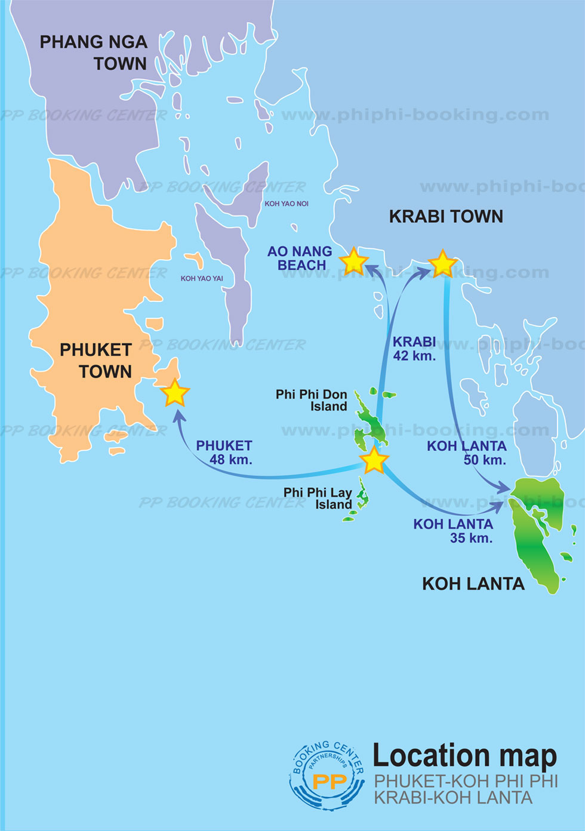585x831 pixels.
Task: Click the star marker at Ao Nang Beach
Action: [353, 261]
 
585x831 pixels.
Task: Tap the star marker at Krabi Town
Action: [442, 263]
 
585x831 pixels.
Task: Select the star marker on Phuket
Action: [175, 393]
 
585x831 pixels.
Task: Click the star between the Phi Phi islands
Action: [374, 460]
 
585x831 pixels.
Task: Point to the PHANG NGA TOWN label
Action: [94, 53]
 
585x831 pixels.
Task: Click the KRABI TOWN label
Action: [446, 216]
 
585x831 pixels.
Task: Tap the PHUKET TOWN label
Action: [96, 360]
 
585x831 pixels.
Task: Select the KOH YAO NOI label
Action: [287, 204]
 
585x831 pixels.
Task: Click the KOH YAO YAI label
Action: [202, 278]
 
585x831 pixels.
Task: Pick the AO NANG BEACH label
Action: [300, 258]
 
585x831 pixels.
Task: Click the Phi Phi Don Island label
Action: [312, 400]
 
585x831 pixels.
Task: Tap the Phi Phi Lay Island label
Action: [318, 498]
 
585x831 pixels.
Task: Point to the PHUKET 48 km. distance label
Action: [224, 453]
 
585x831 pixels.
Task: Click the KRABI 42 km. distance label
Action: [414, 349]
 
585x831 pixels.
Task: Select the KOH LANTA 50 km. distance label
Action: [467, 453]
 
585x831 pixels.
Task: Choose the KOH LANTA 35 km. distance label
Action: [454, 531]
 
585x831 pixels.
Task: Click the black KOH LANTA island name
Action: [473, 583]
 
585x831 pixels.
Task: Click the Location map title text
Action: [464, 756]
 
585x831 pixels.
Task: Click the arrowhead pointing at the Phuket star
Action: [177, 413]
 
